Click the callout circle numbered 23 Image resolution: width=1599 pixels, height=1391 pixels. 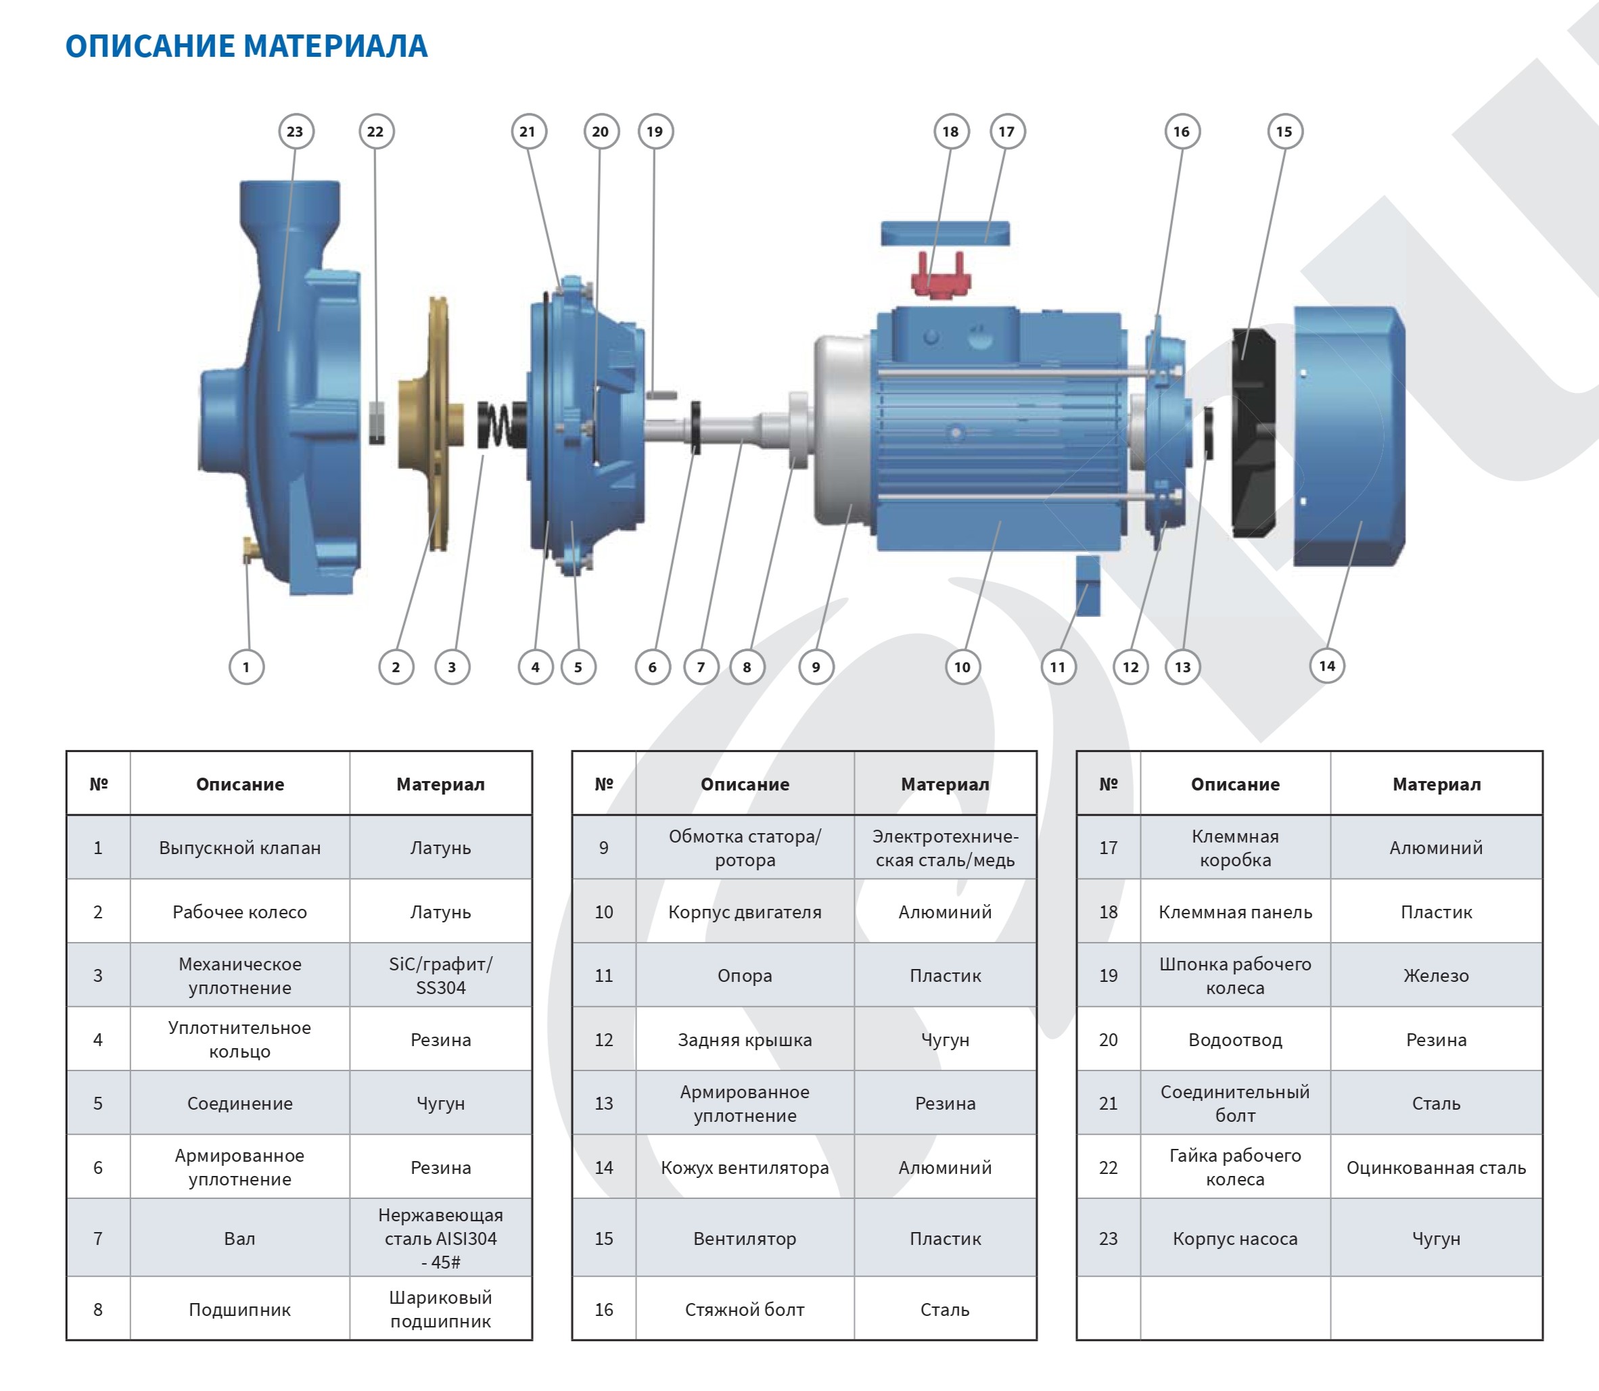point(295,131)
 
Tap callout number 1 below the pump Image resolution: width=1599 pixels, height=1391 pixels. point(246,667)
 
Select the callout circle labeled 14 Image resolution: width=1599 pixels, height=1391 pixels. point(1326,665)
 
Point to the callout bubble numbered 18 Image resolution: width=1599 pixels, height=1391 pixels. point(950,131)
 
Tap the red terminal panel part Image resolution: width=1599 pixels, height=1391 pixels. point(941,278)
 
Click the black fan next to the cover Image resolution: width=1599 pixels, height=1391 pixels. point(1253,432)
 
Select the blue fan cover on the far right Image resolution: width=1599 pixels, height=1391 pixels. point(1349,435)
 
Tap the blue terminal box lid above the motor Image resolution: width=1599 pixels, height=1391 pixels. point(945,233)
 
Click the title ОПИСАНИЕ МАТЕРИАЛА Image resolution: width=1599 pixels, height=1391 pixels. point(246,46)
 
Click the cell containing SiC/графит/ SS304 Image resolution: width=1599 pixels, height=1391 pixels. point(440,976)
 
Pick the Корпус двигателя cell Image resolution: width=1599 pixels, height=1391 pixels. point(745,912)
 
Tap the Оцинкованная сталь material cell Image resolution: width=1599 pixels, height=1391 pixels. point(1435,1167)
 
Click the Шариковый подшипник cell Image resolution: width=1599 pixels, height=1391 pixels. point(440,1309)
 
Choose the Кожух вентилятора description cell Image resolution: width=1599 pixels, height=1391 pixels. point(745,1167)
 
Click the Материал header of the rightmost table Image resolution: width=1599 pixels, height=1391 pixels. point(1435,784)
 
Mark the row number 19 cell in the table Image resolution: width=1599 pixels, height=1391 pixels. point(1108,976)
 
